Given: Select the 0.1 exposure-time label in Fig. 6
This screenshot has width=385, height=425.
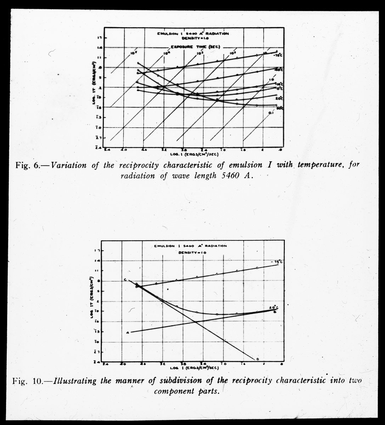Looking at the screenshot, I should click(270, 113).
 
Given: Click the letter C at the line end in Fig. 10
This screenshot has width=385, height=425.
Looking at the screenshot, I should click(125, 280).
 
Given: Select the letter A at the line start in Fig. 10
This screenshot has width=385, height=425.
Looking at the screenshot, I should click(127, 333).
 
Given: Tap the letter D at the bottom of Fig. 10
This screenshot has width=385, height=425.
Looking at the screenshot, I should click(257, 359).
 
